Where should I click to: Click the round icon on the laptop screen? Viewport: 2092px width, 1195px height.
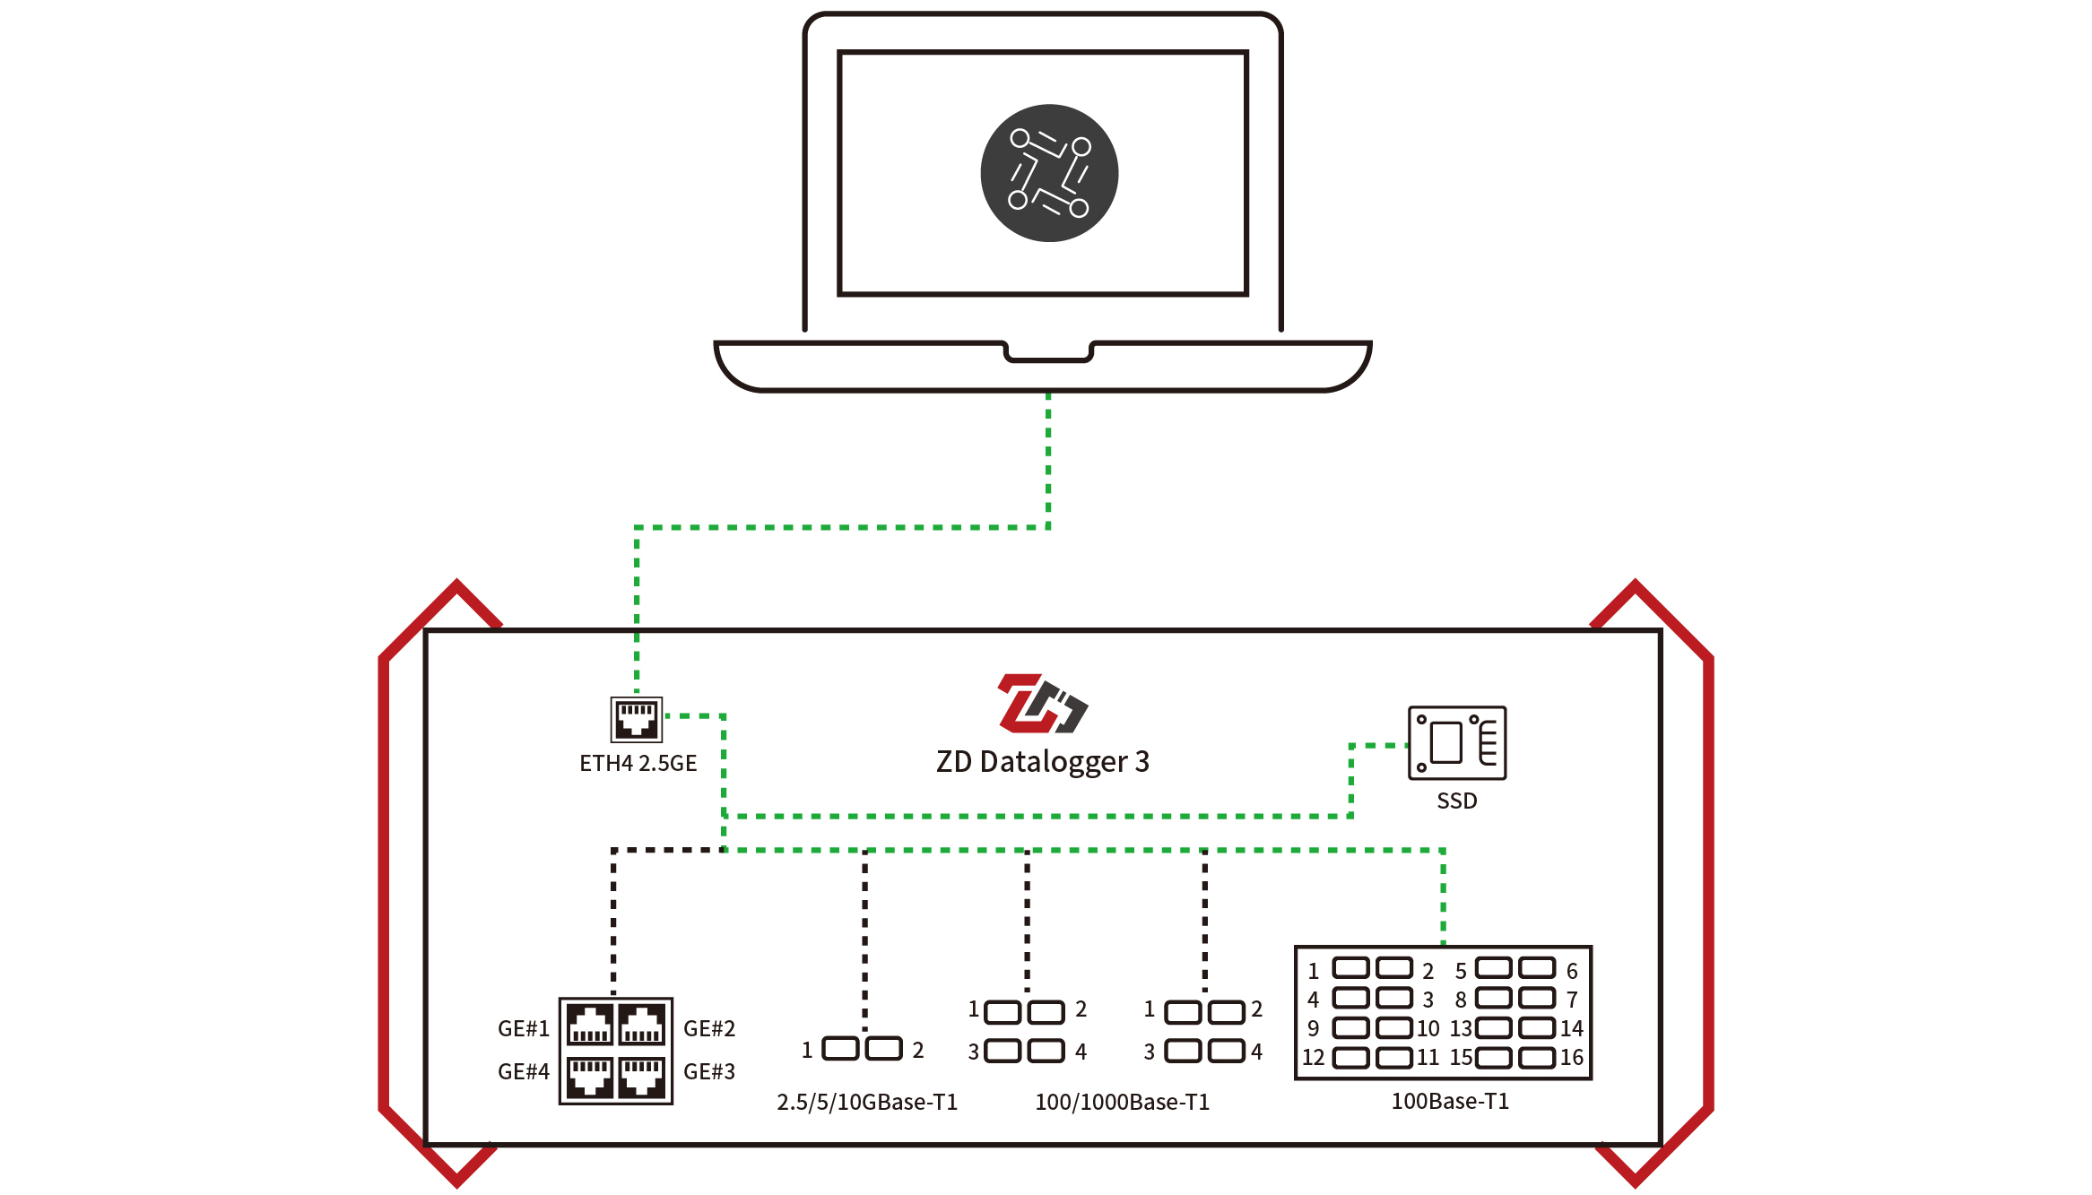coord(1049,173)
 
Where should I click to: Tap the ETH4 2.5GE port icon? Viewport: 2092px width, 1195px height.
coord(637,719)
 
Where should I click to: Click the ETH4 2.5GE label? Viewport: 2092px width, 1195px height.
coord(638,763)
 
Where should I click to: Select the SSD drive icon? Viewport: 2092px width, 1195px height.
coord(1457,742)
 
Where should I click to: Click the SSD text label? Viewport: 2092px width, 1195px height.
coord(1456,801)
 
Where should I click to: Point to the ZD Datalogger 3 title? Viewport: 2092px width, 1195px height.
coord(1042,761)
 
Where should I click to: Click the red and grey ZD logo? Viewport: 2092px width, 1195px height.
coord(1042,703)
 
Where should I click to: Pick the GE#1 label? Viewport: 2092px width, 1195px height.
coord(523,1028)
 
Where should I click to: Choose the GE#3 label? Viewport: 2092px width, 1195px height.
coord(709,1071)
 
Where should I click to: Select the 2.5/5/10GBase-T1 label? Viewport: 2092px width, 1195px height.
coord(867,1102)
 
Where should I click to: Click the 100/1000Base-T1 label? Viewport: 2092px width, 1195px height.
coord(1122,1102)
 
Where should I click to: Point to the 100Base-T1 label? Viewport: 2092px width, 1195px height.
coord(1450,1101)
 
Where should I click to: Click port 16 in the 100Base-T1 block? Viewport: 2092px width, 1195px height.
coord(1537,1058)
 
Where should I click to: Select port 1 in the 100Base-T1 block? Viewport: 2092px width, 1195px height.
coord(1350,968)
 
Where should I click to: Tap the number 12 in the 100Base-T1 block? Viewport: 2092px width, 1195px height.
coord(1313,1058)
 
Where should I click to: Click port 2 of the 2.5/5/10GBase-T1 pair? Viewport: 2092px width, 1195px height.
coord(884,1049)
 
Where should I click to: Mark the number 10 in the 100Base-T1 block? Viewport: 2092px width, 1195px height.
coord(1428,1028)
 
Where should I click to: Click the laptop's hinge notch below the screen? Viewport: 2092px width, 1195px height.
coord(1048,352)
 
